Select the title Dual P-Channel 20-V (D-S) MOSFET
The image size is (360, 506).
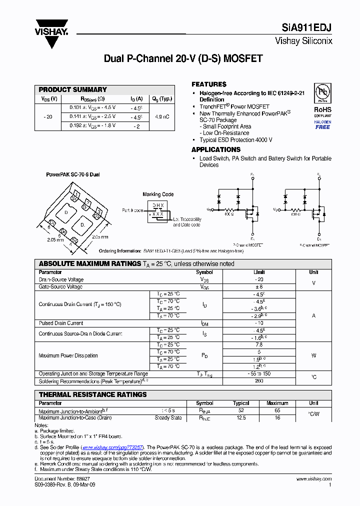click(x=183, y=58)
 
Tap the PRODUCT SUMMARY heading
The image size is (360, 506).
click(x=73, y=89)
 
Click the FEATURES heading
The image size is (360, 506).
click(x=209, y=84)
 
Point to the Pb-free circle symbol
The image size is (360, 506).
click(x=322, y=93)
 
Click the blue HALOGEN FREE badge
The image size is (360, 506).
click(x=322, y=124)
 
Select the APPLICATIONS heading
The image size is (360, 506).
click(x=216, y=149)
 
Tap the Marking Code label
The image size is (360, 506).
click(x=158, y=194)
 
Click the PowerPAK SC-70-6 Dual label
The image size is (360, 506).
click(x=73, y=174)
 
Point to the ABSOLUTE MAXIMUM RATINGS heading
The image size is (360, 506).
click(x=90, y=263)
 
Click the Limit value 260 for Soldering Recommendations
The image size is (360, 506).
click(x=259, y=381)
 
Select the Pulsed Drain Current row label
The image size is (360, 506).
click(x=61, y=323)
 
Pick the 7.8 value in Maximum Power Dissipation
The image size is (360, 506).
click(x=259, y=345)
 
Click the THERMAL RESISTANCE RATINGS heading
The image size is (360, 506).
click(x=93, y=394)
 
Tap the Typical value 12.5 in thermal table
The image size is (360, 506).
click(x=241, y=417)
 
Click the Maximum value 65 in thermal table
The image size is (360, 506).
click(x=277, y=410)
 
